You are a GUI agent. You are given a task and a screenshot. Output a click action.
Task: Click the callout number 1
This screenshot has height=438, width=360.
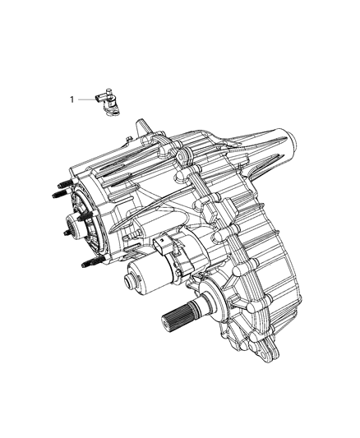72,99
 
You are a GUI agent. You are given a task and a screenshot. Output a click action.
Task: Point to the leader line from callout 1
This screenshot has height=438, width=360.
86,99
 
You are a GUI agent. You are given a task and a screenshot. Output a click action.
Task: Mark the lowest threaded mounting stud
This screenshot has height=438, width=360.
93,263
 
